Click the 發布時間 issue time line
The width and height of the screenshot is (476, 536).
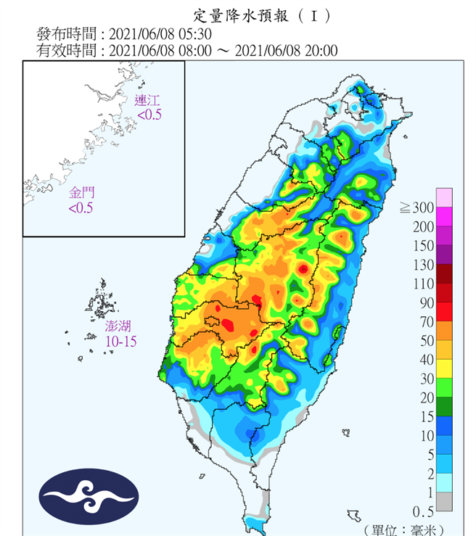point(124,33)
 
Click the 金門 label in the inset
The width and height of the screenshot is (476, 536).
point(81,194)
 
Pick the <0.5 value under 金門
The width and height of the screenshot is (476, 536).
point(81,208)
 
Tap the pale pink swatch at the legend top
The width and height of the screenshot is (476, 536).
point(443,197)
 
